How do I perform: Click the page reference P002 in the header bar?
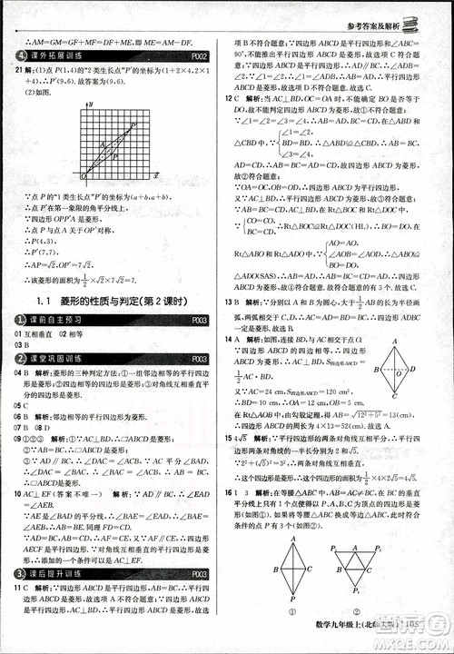coord(202,56)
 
